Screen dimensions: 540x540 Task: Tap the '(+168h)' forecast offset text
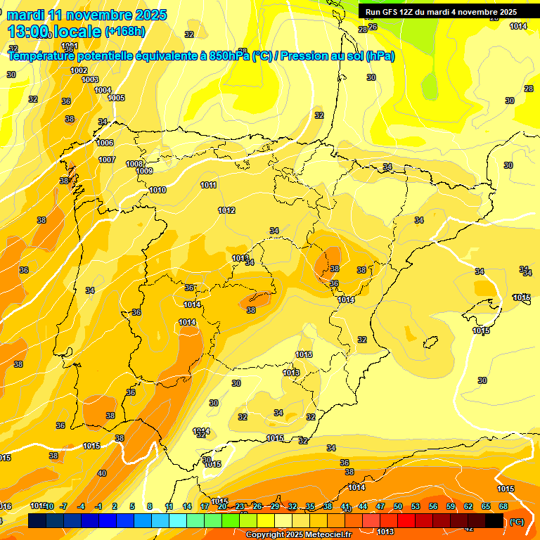[125, 31]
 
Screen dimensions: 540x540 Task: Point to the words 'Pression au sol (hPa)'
[337, 56]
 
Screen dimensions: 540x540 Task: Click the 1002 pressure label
[79, 70]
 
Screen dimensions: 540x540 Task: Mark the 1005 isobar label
[117, 98]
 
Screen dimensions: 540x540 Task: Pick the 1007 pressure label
[107, 160]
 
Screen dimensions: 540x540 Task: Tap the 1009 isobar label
[144, 171]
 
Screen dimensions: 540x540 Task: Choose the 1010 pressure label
[157, 191]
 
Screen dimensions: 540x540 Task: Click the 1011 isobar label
[208, 185]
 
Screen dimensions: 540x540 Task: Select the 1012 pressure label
[226, 210]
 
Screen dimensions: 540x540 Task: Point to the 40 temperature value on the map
[102, 473]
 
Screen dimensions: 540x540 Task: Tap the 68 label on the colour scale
[503, 506]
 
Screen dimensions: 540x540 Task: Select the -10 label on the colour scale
[49, 506]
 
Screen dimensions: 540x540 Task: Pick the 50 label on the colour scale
[398, 506]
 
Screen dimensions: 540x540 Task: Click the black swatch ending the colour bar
[495, 520]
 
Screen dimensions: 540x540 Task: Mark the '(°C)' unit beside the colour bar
[517, 522]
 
